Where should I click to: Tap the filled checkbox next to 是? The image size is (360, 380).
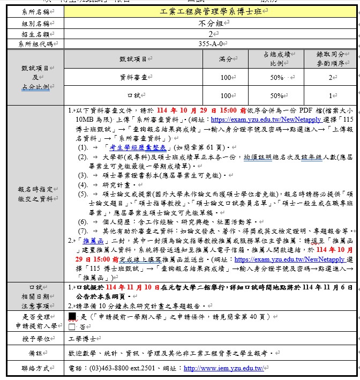73,316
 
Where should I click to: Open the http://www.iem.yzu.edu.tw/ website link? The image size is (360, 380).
223,369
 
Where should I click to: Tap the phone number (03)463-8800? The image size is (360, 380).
105,369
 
